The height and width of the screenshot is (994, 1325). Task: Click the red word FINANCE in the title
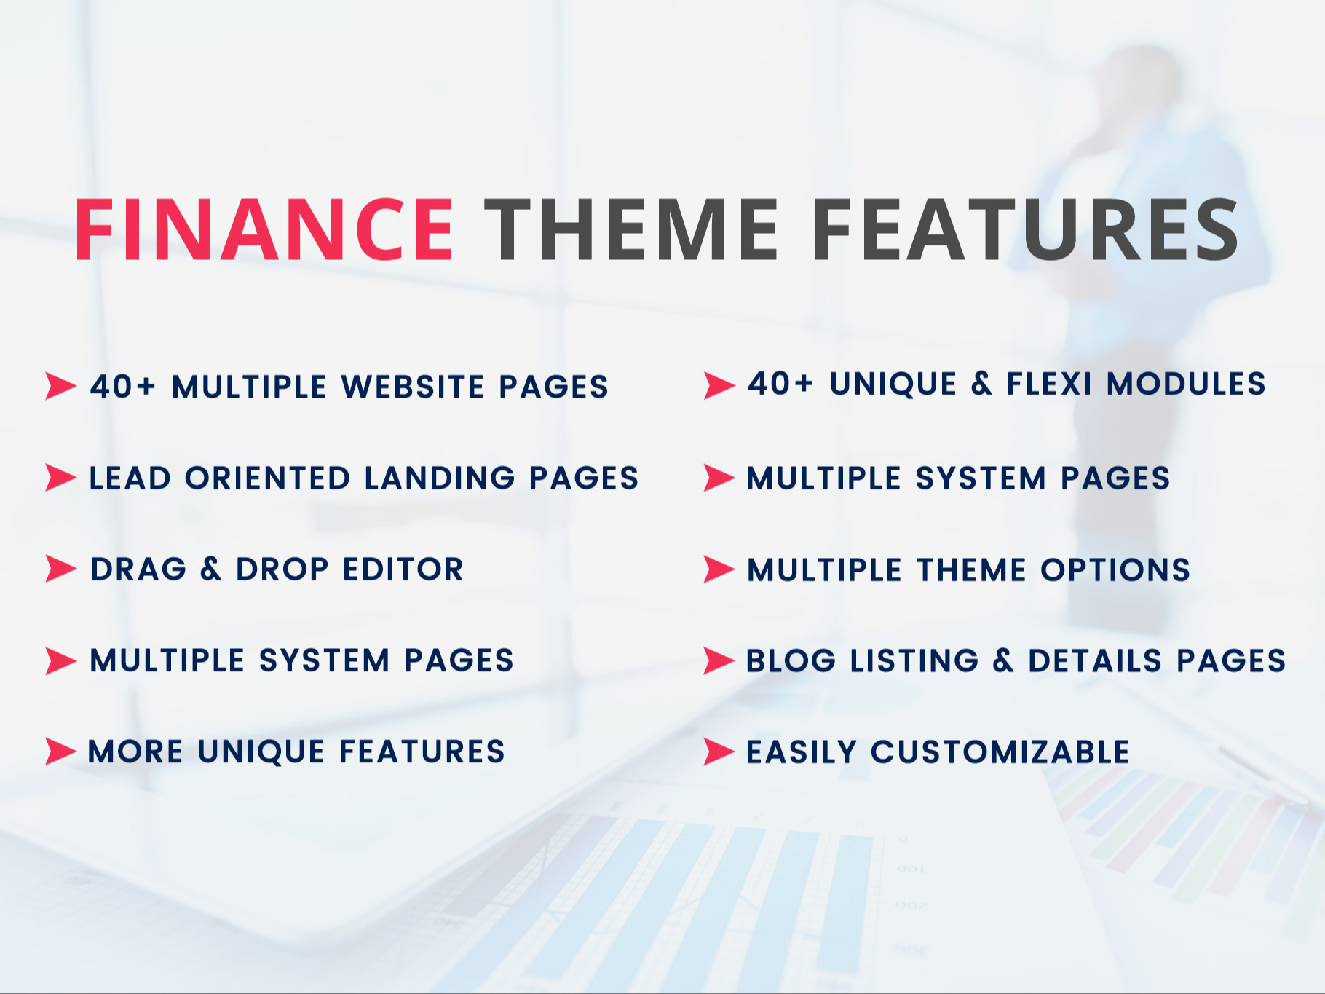coord(264,229)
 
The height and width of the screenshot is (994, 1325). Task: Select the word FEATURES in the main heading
coord(1025,229)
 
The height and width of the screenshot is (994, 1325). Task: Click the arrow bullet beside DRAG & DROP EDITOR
coord(60,569)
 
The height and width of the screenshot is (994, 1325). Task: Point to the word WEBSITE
coord(414,387)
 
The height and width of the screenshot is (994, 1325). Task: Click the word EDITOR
coord(403,569)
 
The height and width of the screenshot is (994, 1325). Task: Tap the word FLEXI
coord(1049,384)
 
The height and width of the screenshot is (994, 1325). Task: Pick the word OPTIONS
coord(1115,569)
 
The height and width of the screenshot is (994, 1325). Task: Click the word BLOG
coord(791,661)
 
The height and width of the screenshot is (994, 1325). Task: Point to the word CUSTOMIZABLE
coord(1000,752)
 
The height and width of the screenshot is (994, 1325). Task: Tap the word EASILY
coord(802,752)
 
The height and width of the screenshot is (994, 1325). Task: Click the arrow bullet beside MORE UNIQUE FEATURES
coord(60,752)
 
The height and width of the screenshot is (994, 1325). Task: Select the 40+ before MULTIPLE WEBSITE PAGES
coord(122,387)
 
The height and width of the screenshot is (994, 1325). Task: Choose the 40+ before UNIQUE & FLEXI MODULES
coord(780,384)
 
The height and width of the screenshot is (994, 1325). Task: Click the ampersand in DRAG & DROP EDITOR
coord(210,569)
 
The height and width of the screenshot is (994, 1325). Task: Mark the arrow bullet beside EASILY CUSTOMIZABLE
coord(719,752)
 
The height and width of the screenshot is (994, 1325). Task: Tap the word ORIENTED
coord(268,478)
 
